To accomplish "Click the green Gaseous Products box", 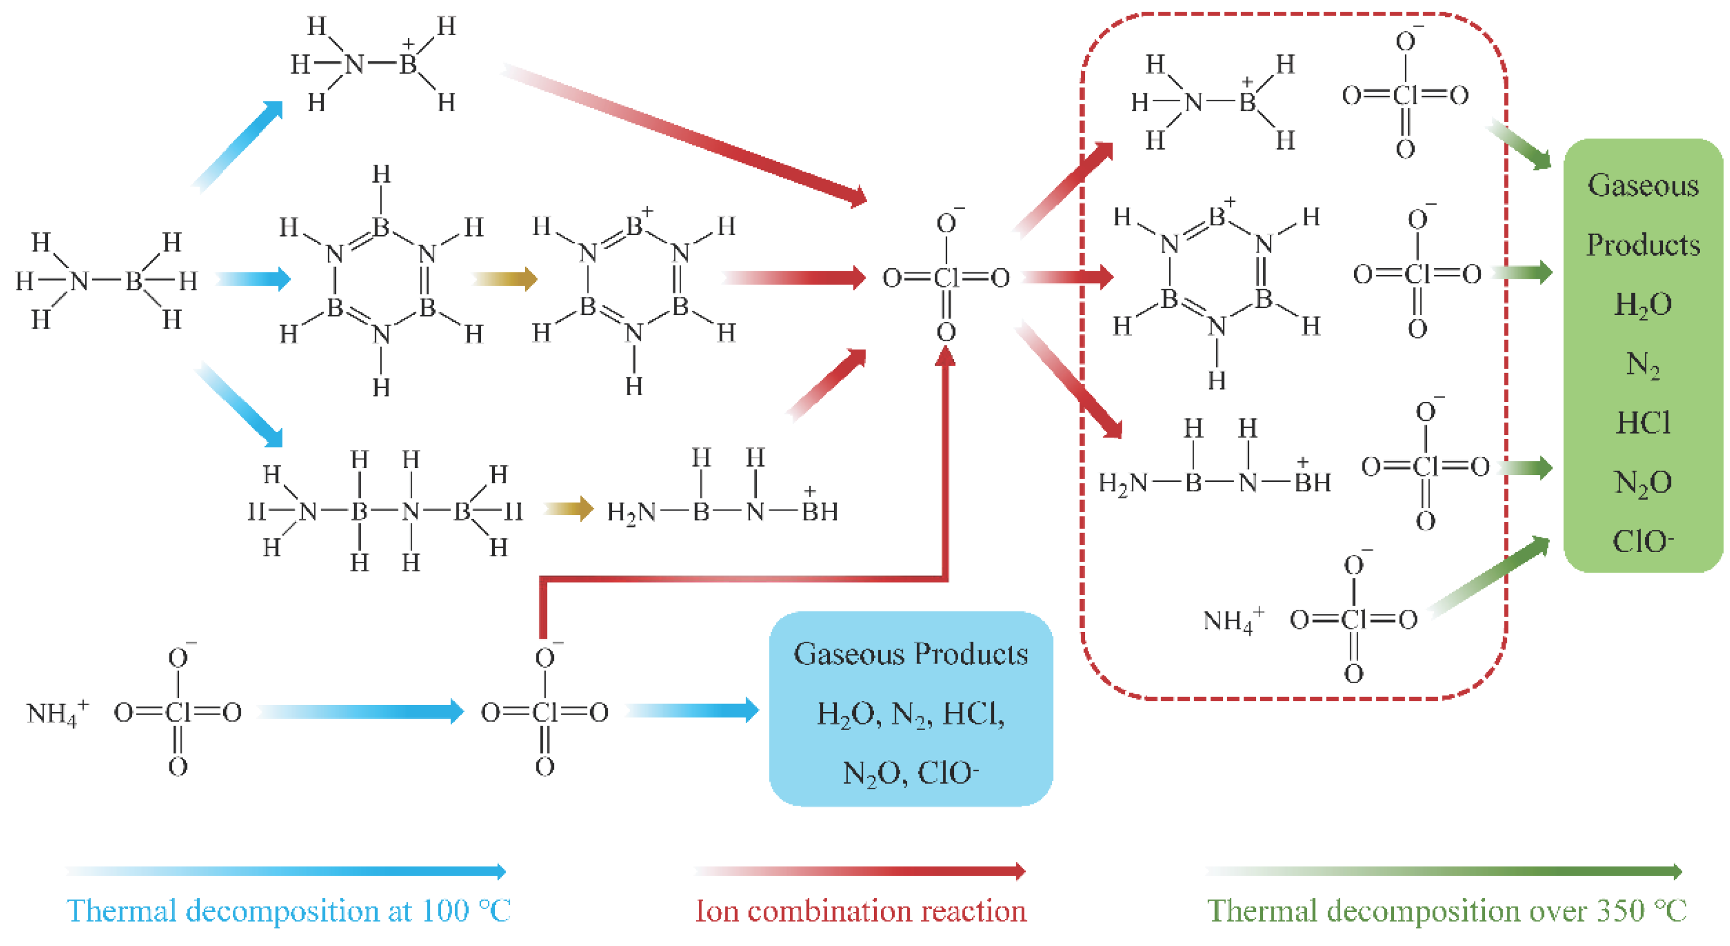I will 1642,356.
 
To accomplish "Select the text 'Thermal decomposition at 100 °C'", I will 289,911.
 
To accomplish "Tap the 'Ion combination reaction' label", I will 860,911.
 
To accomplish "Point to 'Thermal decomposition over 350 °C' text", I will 1446,911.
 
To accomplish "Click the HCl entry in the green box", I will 1643,423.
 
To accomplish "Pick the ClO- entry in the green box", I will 1643,541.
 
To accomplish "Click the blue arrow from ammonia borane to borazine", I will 254,278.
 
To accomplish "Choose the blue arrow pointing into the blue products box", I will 692,710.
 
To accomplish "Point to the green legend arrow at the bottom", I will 1444,871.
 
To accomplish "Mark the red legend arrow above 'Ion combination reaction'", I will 860,871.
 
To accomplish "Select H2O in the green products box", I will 1643,305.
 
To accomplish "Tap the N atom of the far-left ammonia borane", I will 79,281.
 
